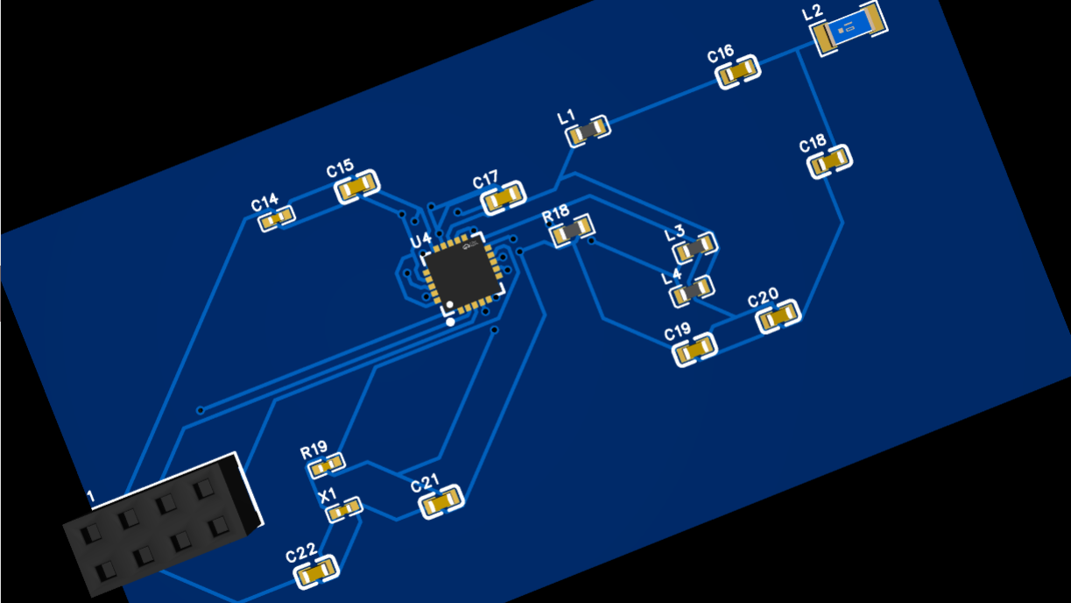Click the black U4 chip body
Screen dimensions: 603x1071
pos(462,273)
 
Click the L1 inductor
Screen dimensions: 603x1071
pos(588,131)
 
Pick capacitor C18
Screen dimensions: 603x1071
pos(829,161)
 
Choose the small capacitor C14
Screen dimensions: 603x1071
pos(277,218)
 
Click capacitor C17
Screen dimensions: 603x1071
pos(504,198)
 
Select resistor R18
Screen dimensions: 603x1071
pos(571,231)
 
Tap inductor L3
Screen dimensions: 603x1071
pos(695,248)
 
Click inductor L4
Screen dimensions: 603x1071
pos(692,292)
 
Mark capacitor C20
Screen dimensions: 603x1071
pos(778,316)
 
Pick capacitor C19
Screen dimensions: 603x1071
pos(695,350)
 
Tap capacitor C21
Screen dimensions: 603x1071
pos(440,502)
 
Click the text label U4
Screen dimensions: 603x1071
pos(420,239)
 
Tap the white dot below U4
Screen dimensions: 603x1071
pos(450,322)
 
